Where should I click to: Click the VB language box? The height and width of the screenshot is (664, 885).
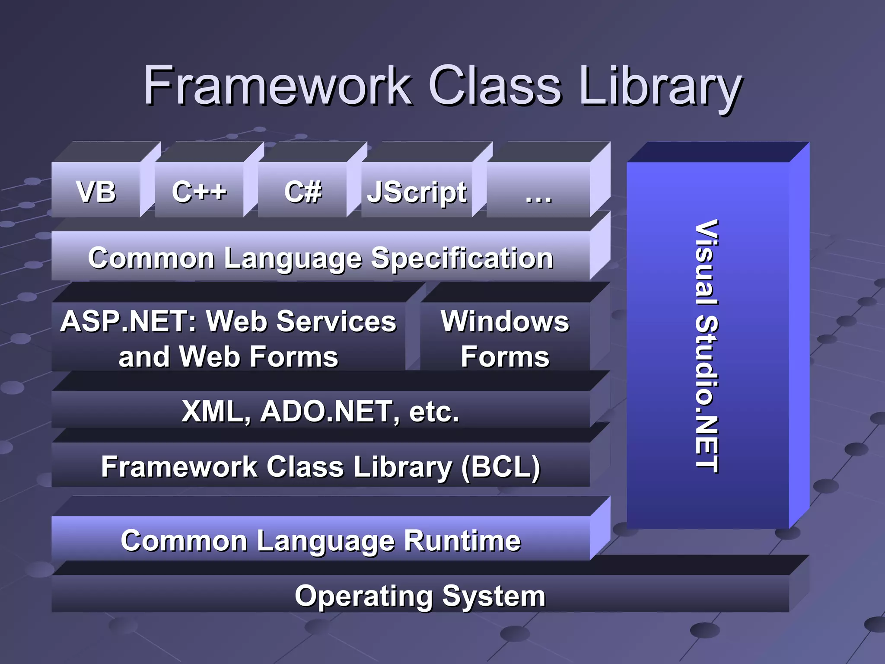[96, 192]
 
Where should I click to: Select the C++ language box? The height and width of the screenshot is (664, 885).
[199, 192]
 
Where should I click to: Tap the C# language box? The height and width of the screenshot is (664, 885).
[302, 192]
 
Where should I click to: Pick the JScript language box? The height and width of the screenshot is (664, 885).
[417, 192]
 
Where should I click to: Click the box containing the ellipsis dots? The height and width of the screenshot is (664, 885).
[538, 195]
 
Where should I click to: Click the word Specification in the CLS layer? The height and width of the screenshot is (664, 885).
[462, 258]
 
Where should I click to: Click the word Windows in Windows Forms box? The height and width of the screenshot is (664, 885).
[505, 322]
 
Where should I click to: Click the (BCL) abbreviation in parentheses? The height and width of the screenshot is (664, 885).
[501, 467]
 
